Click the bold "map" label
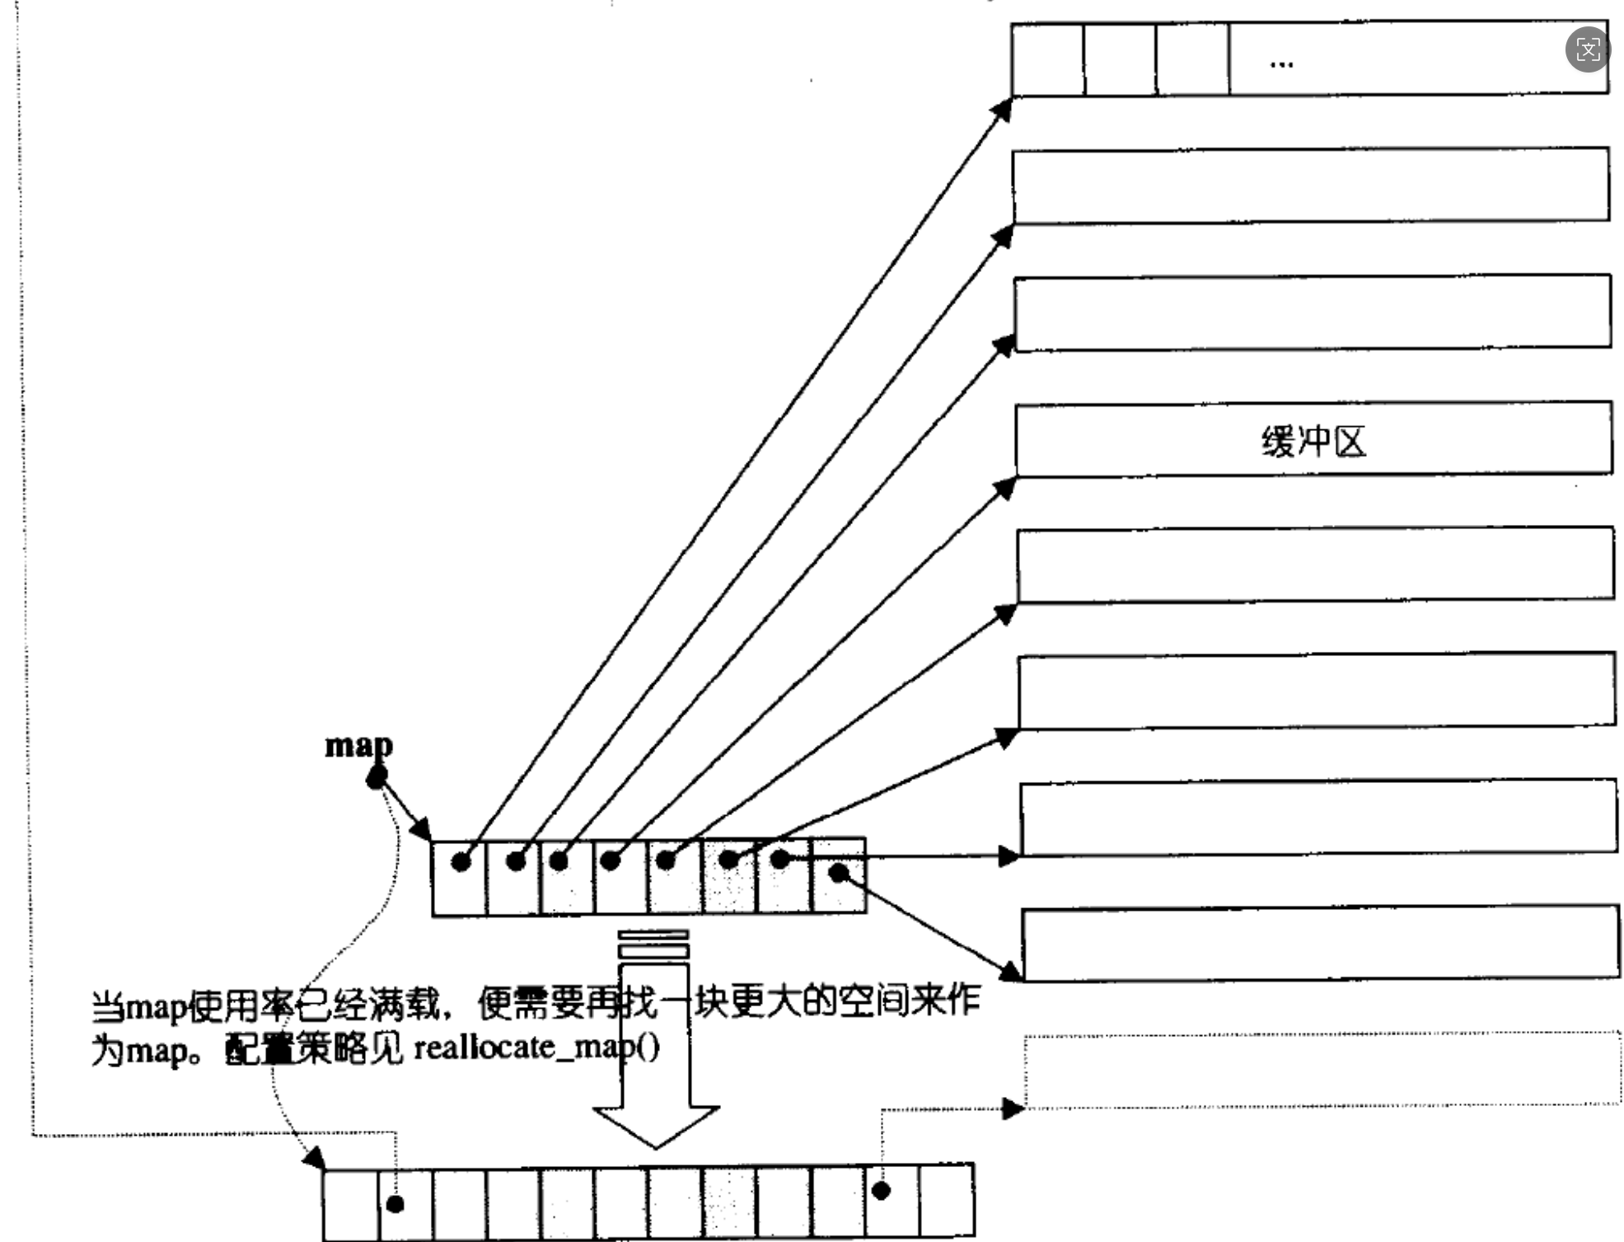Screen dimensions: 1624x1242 [358, 745]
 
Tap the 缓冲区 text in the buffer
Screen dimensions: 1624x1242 [1313, 442]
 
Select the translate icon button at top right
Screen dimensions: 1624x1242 [1587, 49]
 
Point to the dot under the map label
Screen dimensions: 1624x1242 [377, 776]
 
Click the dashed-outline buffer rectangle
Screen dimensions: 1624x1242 [1322, 1069]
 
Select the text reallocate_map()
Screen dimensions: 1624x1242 [536, 1048]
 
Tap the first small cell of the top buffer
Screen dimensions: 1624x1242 [1047, 60]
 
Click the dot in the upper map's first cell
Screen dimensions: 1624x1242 [461, 862]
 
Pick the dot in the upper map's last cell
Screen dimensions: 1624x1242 [838, 873]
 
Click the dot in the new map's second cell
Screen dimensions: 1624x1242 [395, 1204]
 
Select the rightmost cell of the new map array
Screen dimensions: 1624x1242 [947, 1199]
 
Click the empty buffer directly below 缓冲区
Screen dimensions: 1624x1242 [1315, 565]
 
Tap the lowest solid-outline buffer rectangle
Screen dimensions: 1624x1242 [1320, 944]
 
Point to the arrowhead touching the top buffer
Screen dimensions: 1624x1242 [1003, 108]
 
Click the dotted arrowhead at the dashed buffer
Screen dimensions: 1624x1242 [1013, 1109]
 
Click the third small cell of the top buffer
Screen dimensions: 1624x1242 [1192, 60]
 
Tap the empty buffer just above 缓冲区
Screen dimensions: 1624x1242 [1313, 313]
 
